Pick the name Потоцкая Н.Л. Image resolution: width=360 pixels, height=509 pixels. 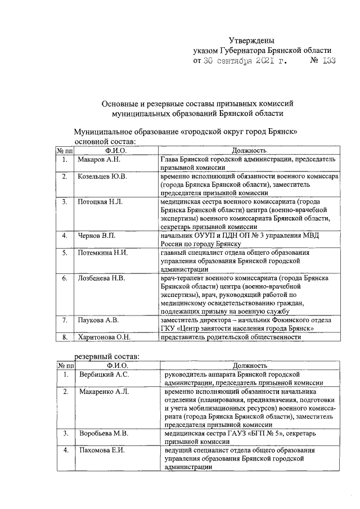click(100, 201)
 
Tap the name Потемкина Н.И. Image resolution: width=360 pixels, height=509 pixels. click(103, 253)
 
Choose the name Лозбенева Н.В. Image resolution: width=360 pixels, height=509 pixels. click(102, 278)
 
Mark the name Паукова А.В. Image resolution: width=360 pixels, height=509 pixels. click(98, 320)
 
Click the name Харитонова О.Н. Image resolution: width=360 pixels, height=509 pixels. click(105, 337)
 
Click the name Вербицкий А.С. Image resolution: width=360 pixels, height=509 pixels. click(104, 374)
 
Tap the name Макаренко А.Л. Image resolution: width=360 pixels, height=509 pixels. click(105, 391)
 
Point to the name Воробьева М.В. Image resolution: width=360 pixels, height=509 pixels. click(104, 433)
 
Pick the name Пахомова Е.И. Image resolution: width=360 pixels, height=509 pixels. click(102, 451)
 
